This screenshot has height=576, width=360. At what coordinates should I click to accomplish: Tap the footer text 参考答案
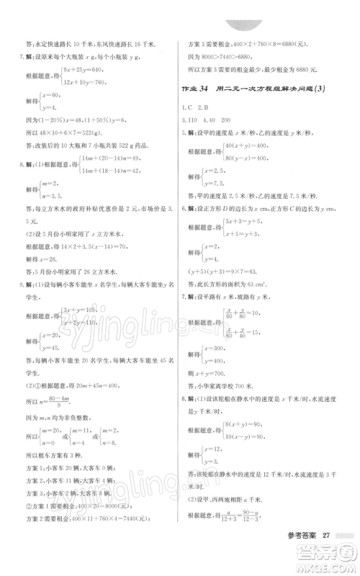(x=297, y=535)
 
